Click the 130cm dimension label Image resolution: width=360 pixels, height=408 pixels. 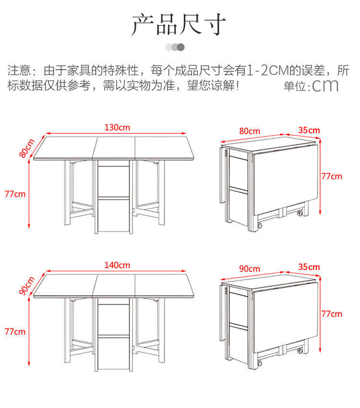[117, 128]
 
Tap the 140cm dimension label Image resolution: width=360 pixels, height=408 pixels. [117, 265]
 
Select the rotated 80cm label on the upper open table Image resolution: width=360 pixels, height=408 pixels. [26, 148]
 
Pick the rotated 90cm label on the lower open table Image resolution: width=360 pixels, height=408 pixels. [26, 286]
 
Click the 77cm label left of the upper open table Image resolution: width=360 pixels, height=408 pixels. [15, 194]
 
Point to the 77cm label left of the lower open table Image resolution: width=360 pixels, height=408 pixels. [15, 332]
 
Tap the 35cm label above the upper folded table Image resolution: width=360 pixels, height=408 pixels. [309, 130]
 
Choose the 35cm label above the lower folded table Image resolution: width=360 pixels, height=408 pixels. [309, 267]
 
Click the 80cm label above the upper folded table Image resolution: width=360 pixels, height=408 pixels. [250, 131]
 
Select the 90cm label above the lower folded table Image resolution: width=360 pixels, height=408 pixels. [250, 268]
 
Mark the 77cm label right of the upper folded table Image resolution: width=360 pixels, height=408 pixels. [332, 177]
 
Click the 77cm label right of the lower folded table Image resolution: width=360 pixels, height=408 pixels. [332, 314]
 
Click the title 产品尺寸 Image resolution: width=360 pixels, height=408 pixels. [179, 24]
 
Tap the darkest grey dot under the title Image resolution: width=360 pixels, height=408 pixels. [181, 47]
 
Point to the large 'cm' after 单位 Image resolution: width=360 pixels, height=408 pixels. [325, 85]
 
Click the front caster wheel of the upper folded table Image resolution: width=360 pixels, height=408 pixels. [259, 226]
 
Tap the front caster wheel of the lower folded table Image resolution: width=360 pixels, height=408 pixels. [259, 363]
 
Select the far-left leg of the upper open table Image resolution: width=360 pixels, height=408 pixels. [67, 192]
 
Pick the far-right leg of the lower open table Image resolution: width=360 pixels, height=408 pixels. [162, 330]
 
